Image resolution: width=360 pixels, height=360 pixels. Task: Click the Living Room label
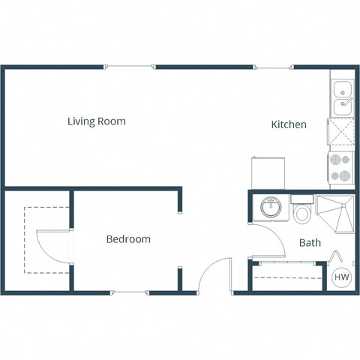coord(96,121)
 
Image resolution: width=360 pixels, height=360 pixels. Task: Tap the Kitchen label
coord(288,124)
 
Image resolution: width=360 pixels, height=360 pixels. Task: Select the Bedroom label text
coord(127,239)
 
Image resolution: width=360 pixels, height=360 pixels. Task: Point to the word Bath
coord(310,243)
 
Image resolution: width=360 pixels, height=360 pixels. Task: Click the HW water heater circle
coord(341,277)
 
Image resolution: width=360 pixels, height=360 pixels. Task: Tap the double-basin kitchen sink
coord(341,97)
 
